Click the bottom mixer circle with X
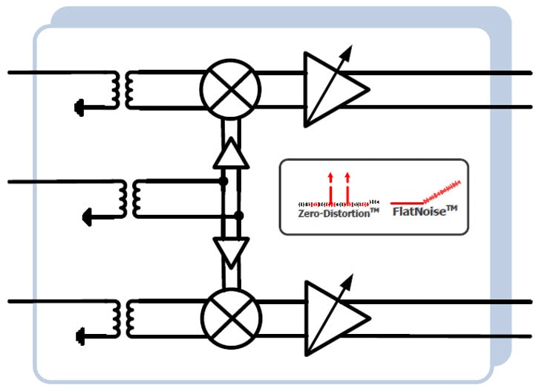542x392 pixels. coord(231,317)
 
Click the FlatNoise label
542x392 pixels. coord(426,212)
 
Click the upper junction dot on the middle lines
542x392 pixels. coord(223,180)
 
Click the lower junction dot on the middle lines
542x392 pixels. coord(238,216)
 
